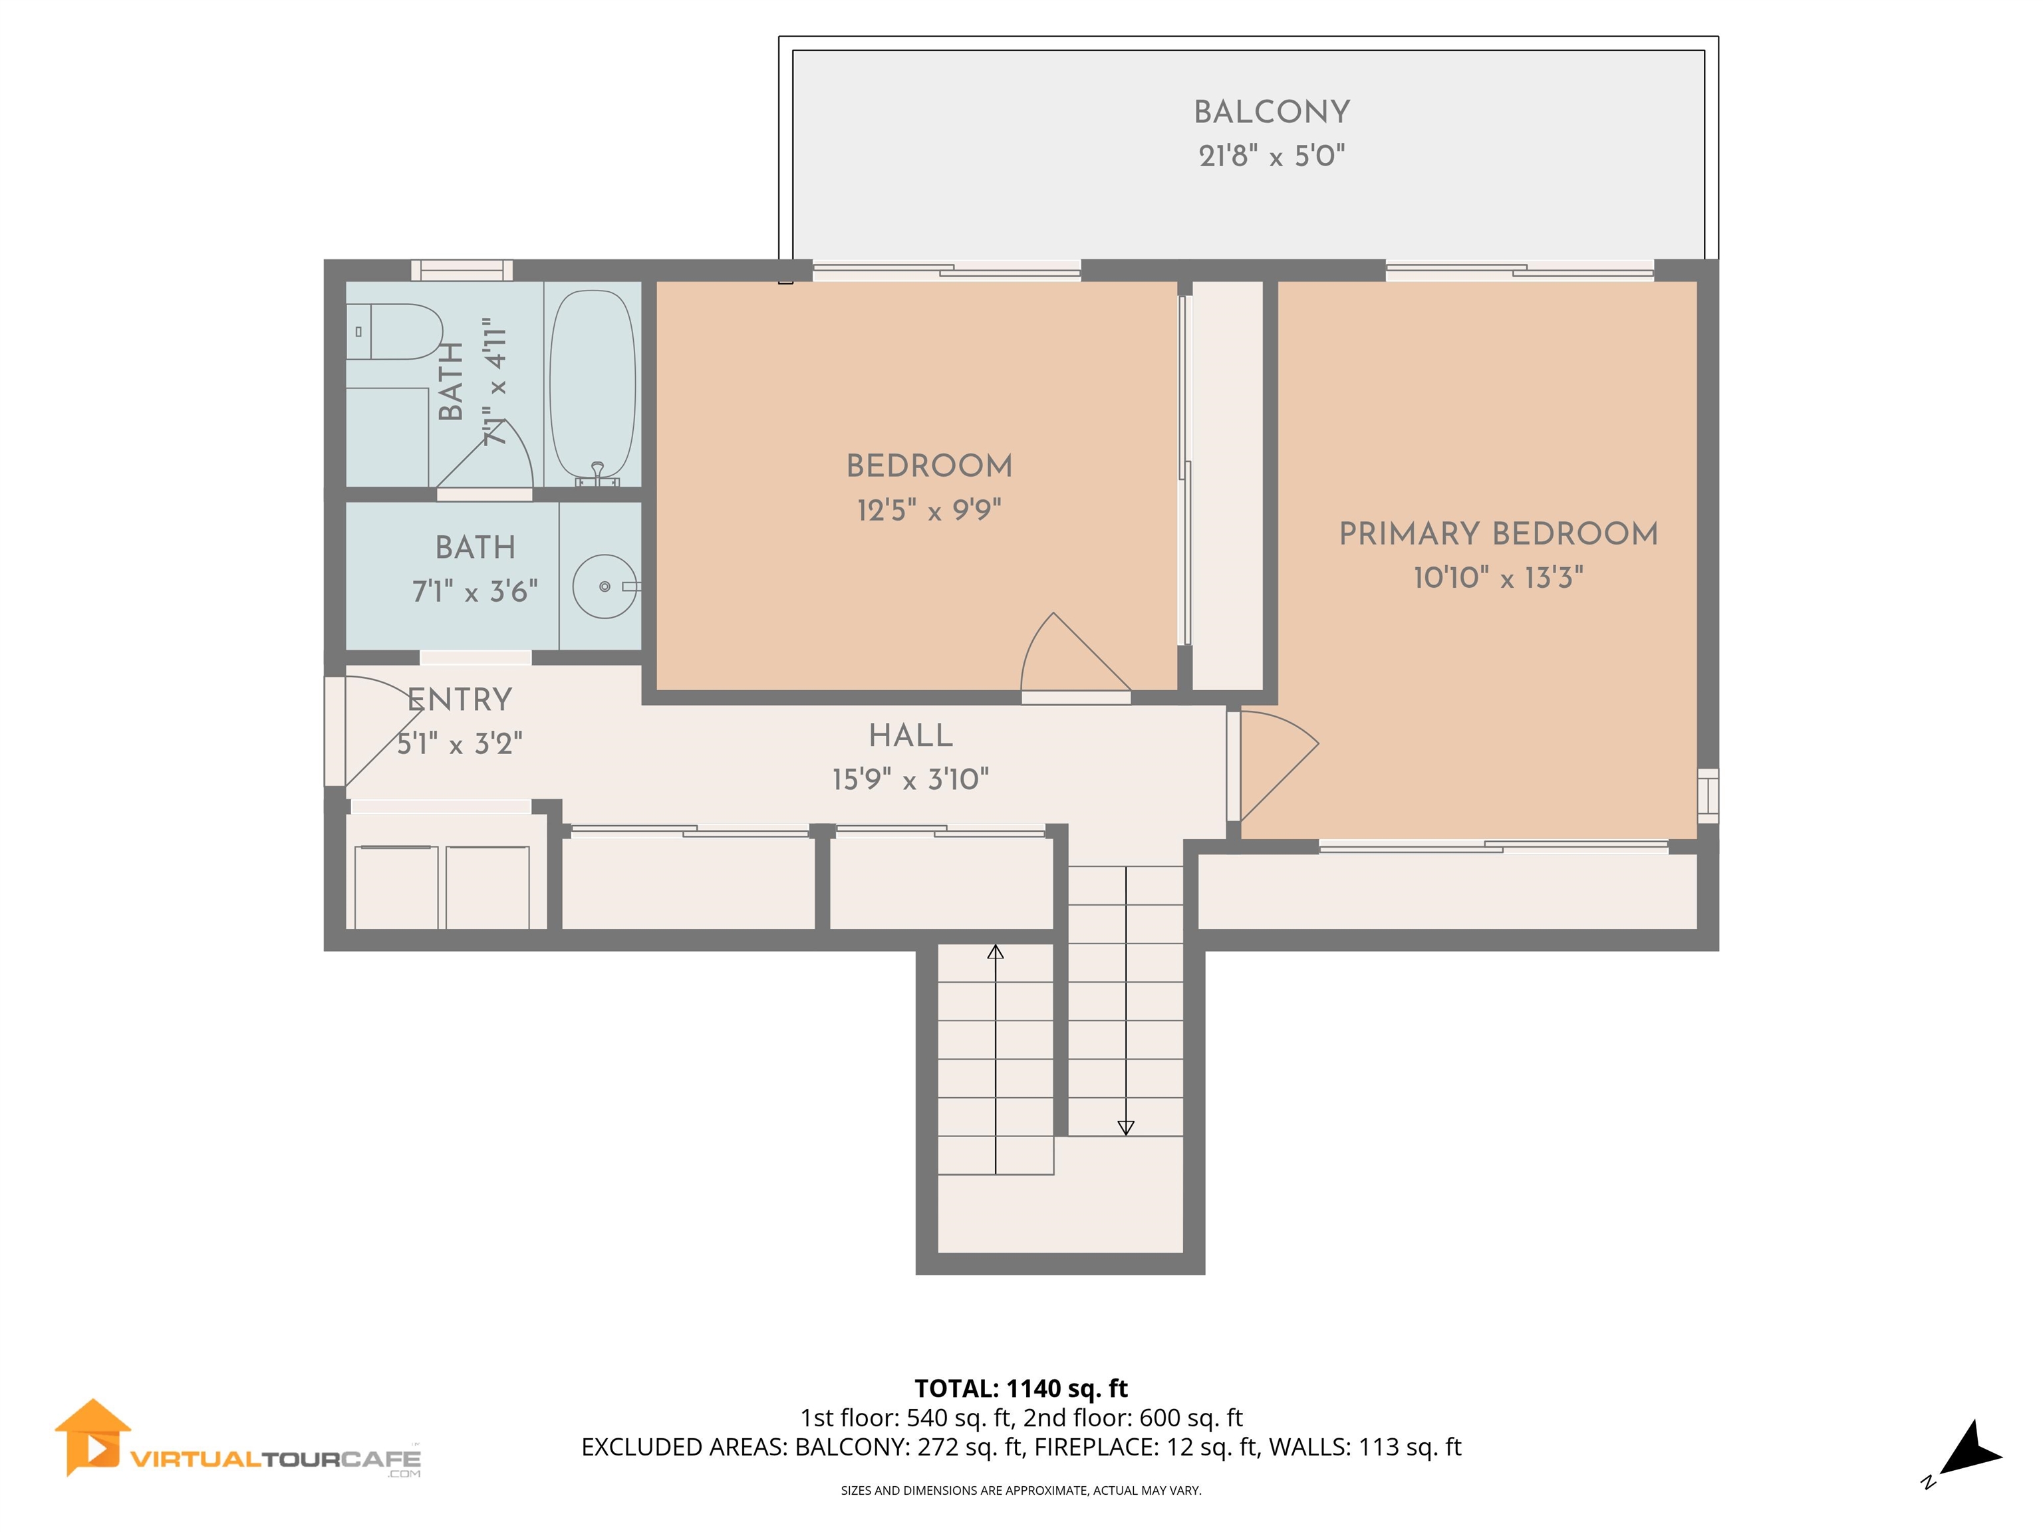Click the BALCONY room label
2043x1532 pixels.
click(x=1271, y=112)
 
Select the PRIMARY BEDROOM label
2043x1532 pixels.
click(x=1498, y=534)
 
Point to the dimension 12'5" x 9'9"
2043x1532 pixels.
click(x=929, y=510)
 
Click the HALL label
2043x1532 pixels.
click(x=910, y=736)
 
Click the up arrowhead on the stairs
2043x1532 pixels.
click(x=995, y=952)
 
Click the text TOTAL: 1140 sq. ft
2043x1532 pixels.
click(x=1021, y=1388)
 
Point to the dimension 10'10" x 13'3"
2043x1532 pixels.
click(x=1498, y=578)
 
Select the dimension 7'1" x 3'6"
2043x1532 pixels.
click(x=475, y=591)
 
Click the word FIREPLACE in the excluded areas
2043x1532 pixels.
click(x=1095, y=1447)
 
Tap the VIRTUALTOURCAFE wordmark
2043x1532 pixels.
click(x=275, y=1459)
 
